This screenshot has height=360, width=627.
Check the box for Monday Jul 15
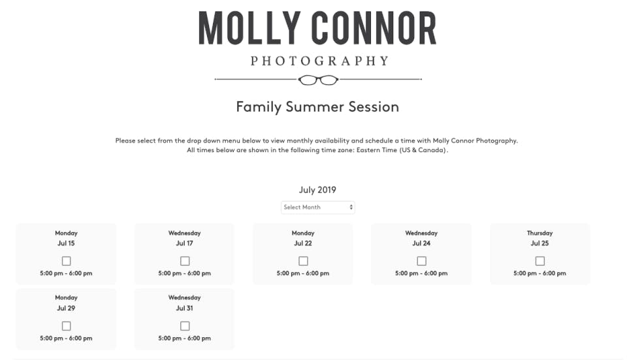pyautogui.click(x=67, y=261)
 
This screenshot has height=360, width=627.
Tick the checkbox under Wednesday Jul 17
pyautogui.click(x=185, y=261)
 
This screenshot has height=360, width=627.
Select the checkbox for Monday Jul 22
pyautogui.click(x=303, y=261)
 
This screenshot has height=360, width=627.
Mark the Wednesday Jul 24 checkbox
pyautogui.click(x=421, y=261)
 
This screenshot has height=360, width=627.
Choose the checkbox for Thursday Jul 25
pyautogui.click(x=540, y=261)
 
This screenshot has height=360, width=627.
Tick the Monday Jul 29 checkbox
pyautogui.click(x=67, y=326)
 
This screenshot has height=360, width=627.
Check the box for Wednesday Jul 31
pyautogui.click(x=185, y=326)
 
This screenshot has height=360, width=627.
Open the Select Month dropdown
pyautogui.click(x=318, y=207)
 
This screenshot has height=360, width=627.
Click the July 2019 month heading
pyautogui.click(x=317, y=190)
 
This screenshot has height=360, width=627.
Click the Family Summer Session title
pyautogui.click(x=317, y=106)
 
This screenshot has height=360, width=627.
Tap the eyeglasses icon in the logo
pyautogui.click(x=318, y=80)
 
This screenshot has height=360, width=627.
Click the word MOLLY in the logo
pyautogui.click(x=249, y=27)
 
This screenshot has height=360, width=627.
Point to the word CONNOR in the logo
pyautogui.click(x=374, y=27)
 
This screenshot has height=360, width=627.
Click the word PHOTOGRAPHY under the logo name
pyautogui.click(x=319, y=61)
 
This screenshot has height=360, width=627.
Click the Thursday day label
pyautogui.click(x=540, y=233)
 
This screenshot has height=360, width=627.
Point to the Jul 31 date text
pyautogui.click(x=184, y=308)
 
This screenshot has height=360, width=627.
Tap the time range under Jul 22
pyautogui.click(x=303, y=274)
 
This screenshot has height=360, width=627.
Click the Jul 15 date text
pyautogui.click(x=66, y=243)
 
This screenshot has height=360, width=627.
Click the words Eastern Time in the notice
pyautogui.click(x=377, y=150)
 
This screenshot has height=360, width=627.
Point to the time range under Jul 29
pyautogui.click(x=66, y=338)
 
